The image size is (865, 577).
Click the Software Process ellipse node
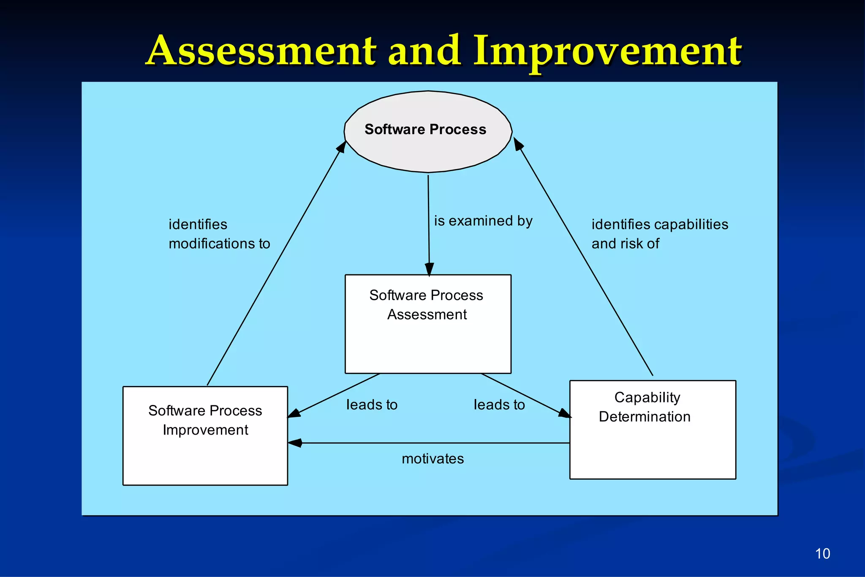pos(428,131)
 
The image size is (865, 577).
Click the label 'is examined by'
pos(483,221)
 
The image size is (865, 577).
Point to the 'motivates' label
pos(432,459)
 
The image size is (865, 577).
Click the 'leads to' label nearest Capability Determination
pos(499,405)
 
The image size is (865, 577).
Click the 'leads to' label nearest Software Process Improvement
pos(372,405)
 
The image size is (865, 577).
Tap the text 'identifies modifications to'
pos(219,234)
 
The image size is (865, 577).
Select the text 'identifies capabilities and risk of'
pos(659,234)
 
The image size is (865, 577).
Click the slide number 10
pos(822,553)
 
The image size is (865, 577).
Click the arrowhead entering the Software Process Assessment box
pos(429,269)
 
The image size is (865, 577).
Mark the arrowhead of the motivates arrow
pos(295,443)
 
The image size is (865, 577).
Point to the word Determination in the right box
pos(645,417)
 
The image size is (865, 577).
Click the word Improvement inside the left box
pos(205,430)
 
